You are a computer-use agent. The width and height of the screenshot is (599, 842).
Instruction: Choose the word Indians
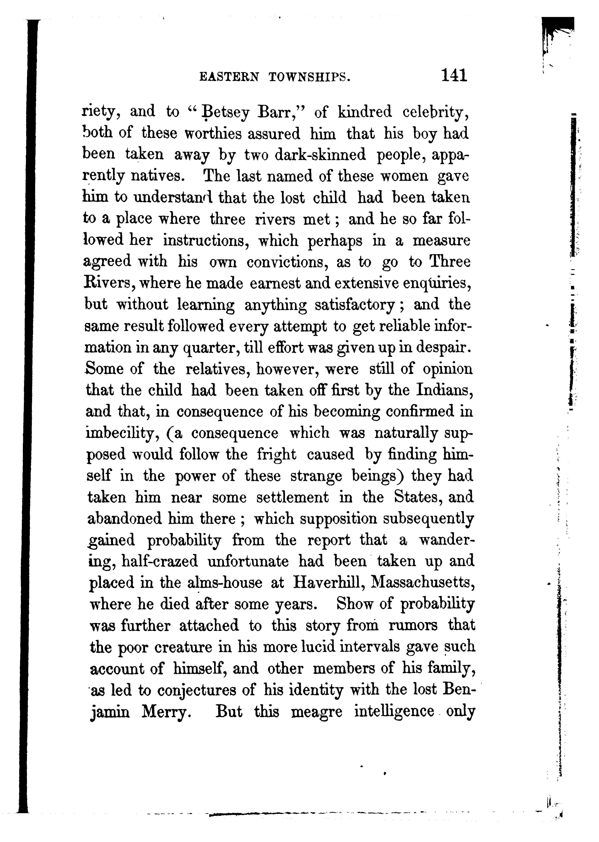pyautogui.click(x=445, y=390)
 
